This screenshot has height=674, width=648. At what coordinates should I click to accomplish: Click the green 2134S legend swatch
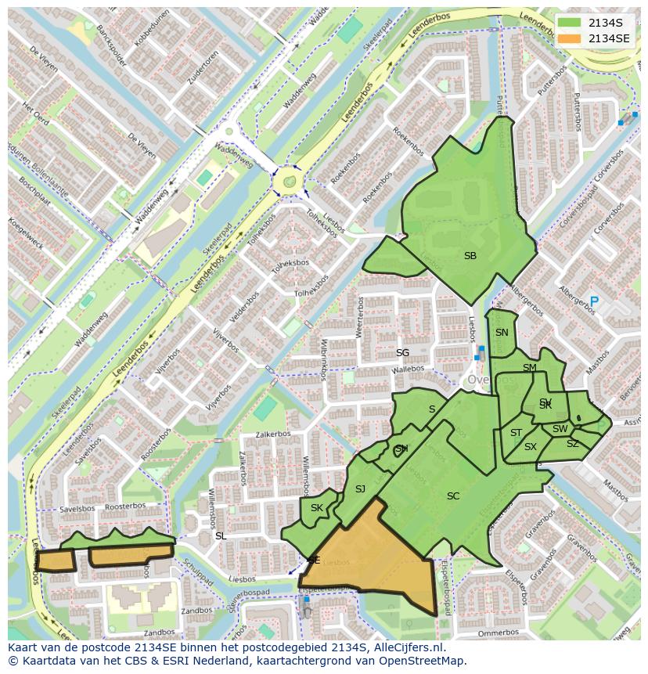pos(571,23)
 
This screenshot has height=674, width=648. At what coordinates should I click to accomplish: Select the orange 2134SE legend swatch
pos(571,38)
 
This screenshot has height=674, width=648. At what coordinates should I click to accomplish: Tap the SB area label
pos(470,256)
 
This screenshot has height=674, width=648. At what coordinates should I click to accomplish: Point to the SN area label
pos(502,332)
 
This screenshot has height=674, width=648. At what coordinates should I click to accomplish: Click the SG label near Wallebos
pos(402,353)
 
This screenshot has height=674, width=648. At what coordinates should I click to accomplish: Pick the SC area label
pos(453,496)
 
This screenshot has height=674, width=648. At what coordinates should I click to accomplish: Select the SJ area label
pos(360,489)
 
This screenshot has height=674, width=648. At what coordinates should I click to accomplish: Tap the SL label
pos(221,536)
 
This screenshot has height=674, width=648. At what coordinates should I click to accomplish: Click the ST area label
pos(516,433)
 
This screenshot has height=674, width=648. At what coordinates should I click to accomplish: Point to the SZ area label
pos(572,444)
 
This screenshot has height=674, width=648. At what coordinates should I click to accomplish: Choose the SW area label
pos(560,429)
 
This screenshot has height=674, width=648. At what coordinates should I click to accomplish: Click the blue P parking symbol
pos(594,301)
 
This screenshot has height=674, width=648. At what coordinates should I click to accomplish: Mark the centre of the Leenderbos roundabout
pos(289,182)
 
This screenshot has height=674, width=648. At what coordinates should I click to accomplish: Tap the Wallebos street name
pos(408,369)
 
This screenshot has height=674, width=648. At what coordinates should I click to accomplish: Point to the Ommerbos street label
pos(498,633)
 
